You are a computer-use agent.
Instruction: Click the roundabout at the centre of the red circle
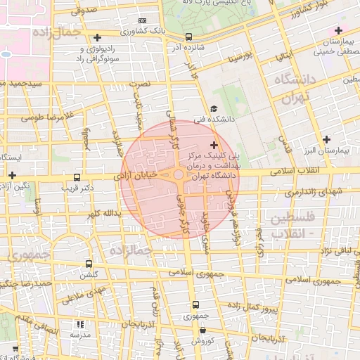pyautogui.click(x=179, y=175)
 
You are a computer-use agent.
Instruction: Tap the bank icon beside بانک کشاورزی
pyautogui.click(x=143, y=21)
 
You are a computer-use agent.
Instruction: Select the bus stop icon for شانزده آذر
pyautogui.click(x=188, y=37)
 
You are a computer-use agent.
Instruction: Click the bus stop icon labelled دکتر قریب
pyautogui.click(x=77, y=178)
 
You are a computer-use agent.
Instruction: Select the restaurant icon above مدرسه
pyautogui.click(x=79, y=324)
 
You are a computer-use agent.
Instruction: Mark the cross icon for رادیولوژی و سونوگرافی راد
pyautogui.click(x=97, y=37)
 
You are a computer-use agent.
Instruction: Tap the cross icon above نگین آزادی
pyautogui.click(x=13, y=174)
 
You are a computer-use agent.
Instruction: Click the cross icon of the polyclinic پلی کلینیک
pyautogui.click(x=214, y=145)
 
